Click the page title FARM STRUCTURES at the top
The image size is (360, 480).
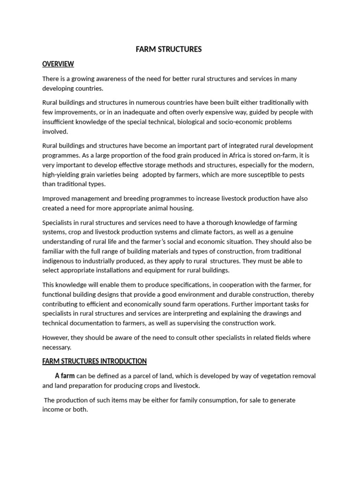[168, 49]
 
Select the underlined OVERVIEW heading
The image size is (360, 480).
[58, 64]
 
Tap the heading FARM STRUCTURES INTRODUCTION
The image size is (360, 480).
[94, 361]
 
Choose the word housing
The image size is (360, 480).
[180, 208]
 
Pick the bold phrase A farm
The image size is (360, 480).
[65, 376]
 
